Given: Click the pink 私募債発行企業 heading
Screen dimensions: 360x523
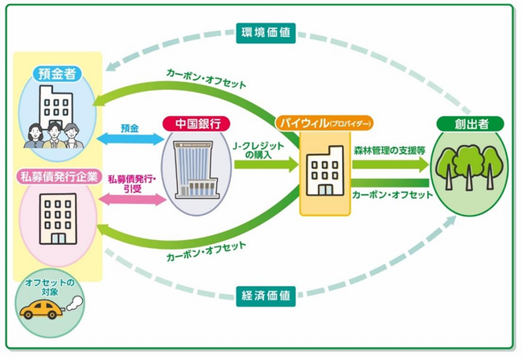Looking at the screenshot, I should (x=58, y=176).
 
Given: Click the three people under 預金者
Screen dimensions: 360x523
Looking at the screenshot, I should (x=51, y=131).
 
